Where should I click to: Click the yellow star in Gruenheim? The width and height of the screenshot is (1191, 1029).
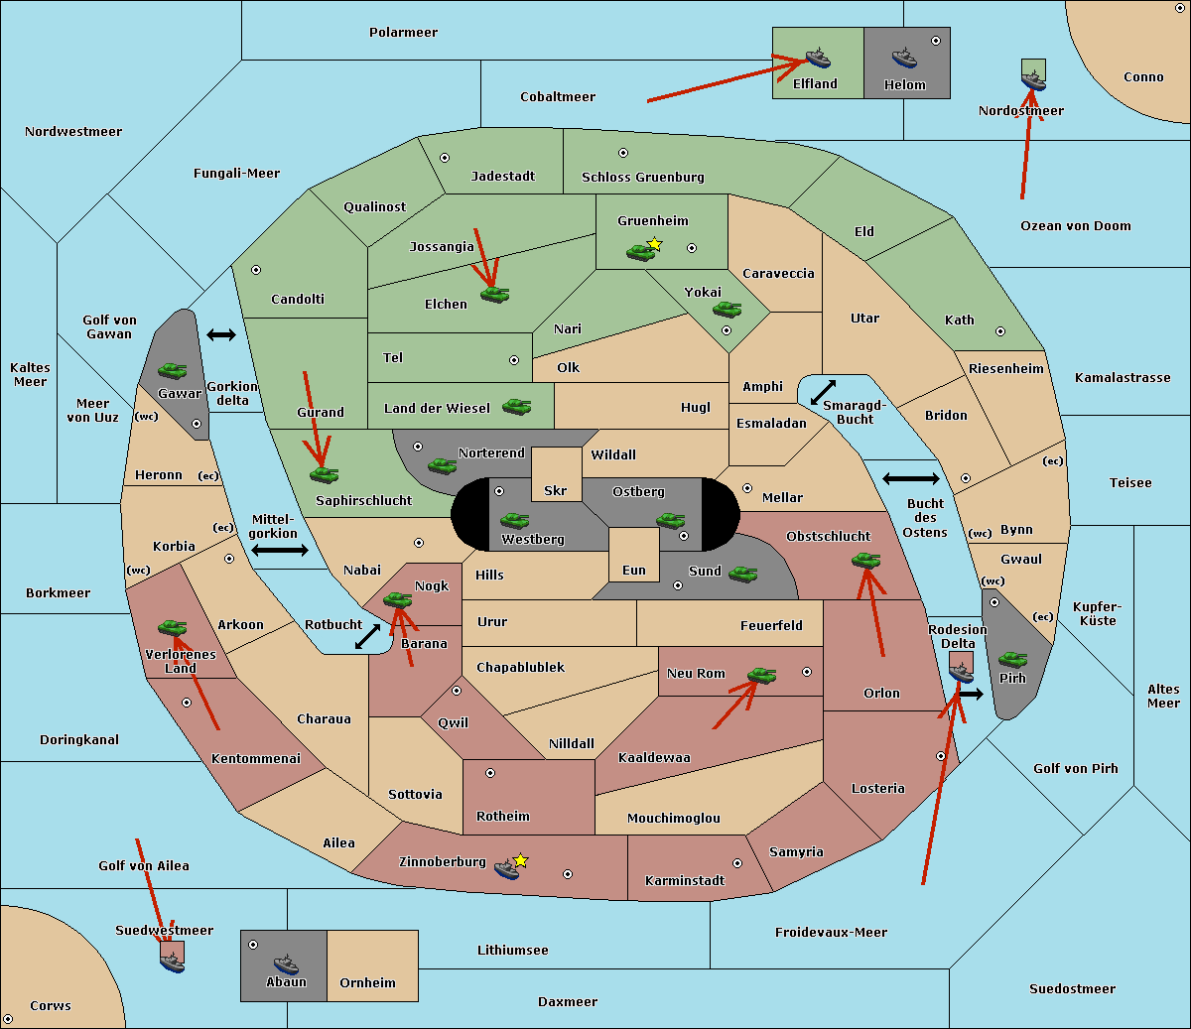click(654, 243)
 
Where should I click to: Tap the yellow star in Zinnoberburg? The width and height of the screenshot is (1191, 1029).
click(520, 860)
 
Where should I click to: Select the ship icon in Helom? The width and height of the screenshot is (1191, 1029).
click(903, 58)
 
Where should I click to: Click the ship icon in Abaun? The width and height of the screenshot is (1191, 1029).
click(286, 964)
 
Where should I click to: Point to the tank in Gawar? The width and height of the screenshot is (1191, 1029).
click(173, 370)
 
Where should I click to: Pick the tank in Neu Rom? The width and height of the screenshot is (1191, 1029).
click(761, 676)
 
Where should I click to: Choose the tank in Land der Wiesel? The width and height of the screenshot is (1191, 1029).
click(516, 406)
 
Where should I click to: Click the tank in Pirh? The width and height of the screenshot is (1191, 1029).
click(1012, 660)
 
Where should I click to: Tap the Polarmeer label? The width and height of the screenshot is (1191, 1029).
click(403, 33)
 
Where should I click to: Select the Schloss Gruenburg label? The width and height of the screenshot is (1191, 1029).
click(642, 178)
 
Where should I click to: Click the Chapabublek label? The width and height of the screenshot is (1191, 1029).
click(520, 668)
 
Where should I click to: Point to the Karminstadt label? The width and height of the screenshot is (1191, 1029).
click(685, 881)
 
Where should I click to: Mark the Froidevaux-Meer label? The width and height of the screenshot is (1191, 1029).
click(831, 933)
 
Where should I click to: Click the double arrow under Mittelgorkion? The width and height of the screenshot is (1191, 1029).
click(280, 551)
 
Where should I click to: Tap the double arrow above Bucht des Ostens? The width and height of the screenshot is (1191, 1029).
click(910, 479)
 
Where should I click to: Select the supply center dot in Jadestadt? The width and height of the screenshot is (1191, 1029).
click(445, 157)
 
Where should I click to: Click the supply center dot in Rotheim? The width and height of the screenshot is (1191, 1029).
click(490, 772)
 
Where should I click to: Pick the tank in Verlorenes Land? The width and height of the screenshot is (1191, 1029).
click(172, 627)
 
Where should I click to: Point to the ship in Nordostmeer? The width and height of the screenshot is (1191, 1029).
click(1033, 78)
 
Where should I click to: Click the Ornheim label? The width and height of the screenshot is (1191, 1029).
click(367, 983)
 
